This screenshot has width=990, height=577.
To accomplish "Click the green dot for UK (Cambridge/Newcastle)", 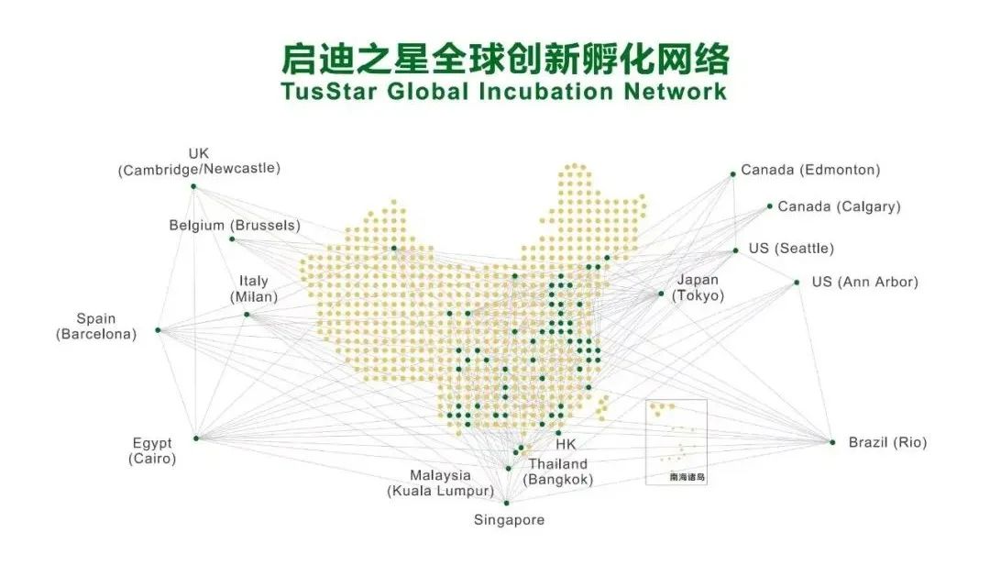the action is tap(193, 186).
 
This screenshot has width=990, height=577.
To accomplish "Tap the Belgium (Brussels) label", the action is tap(235, 226).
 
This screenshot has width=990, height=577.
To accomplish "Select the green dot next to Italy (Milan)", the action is tap(247, 315).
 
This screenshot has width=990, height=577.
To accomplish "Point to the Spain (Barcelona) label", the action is tap(96, 327).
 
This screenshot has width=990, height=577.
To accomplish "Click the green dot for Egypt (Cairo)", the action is tap(195, 438).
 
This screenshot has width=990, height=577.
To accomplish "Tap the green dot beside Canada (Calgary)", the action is tap(770, 206).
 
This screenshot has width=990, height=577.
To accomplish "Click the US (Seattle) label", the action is tap(791, 249).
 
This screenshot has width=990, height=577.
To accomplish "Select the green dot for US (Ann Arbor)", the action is tap(797, 283).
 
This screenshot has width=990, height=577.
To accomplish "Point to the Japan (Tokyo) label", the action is tap(698, 287).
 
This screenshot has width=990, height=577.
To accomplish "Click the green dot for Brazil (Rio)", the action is tap(832, 442).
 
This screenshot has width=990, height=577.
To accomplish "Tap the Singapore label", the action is tap(509, 520).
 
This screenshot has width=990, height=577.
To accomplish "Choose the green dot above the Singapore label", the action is tap(506, 503).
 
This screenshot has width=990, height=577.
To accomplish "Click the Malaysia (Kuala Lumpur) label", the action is tap(440, 483).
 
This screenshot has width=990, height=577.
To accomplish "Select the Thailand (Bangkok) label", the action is tap(557, 472).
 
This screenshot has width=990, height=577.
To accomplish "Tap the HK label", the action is tap(566, 445).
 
